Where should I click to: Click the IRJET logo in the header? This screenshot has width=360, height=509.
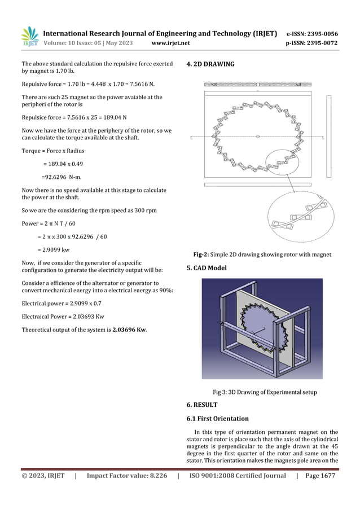(x=29, y=38)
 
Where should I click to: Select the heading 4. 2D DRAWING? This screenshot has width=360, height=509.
(x=210, y=64)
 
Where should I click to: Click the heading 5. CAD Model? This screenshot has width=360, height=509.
(x=207, y=268)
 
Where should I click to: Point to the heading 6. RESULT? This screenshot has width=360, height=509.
(x=202, y=405)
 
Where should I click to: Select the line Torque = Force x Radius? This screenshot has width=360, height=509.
(x=53, y=151)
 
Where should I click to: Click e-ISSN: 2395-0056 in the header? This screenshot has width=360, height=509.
(x=313, y=33)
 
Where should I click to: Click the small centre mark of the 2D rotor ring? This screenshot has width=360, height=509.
(x=257, y=135)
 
